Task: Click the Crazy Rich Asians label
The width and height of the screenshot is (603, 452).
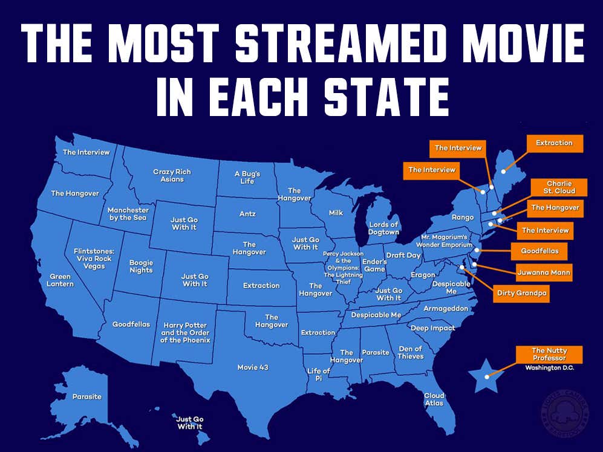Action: [x=172, y=175]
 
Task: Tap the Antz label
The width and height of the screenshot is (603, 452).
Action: [x=247, y=214]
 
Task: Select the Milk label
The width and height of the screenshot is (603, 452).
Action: [x=336, y=213]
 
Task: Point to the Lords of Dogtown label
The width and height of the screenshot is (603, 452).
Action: [x=384, y=228]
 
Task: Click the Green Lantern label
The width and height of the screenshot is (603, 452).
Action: [x=62, y=280]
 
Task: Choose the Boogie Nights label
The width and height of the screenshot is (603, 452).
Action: [x=142, y=266]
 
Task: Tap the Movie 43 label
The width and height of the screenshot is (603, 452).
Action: [x=253, y=367]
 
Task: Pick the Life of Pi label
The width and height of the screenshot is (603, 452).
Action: [x=318, y=374]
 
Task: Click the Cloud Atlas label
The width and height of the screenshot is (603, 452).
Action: [x=434, y=399]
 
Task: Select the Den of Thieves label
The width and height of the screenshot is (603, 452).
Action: [x=411, y=352]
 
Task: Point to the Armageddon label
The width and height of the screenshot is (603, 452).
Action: [x=446, y=308]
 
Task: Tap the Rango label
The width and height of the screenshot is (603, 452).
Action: [x=462, y=216]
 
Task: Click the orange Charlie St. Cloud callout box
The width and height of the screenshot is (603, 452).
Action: [x=559, y=187]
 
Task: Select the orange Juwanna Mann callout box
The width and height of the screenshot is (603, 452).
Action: [x=543, y=272]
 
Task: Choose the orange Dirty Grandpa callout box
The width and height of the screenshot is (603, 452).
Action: [x=518, y=293]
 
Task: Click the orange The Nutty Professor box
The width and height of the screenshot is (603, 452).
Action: [x=549, y=354]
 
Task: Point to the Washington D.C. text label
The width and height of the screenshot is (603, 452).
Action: [x=549, y=368]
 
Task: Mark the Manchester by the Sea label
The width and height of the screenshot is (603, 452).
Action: [x=128, y=213]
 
